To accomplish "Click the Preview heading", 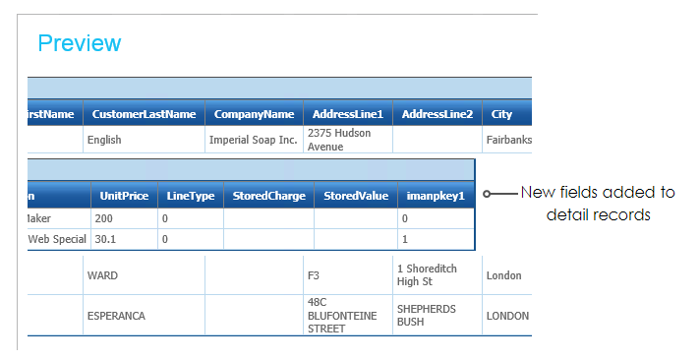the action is click(x=80, y=43).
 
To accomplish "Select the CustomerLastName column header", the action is click(x=144, y=114).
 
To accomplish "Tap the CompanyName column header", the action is click(x=254, y=114).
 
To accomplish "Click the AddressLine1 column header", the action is click(x=348, y=114).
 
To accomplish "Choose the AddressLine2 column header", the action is click(x=437, y=114).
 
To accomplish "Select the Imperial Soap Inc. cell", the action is click(x=253, y=140).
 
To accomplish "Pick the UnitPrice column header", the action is click(x=124, y=196).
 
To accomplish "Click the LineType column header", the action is click(x=191, y=196).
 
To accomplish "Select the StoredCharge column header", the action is click(x=268, y=196).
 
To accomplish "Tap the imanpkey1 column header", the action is click(x=436, y=196).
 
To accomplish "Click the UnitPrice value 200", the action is click(x=103, y=218).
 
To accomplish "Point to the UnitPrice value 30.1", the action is click(x=105, y=239).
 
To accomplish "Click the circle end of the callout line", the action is click(x=487, y=194).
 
